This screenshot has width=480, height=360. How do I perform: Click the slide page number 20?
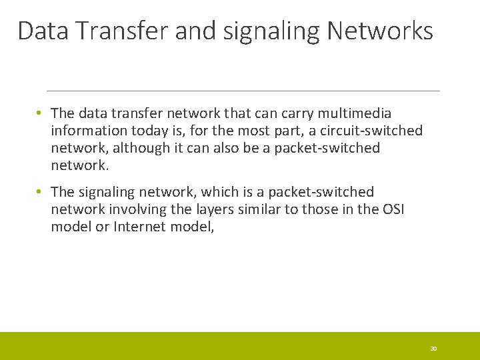433,349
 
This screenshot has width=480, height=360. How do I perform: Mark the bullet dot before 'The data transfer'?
40,113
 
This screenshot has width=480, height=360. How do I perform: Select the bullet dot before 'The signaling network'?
40,192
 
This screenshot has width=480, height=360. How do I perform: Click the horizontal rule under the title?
243,91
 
